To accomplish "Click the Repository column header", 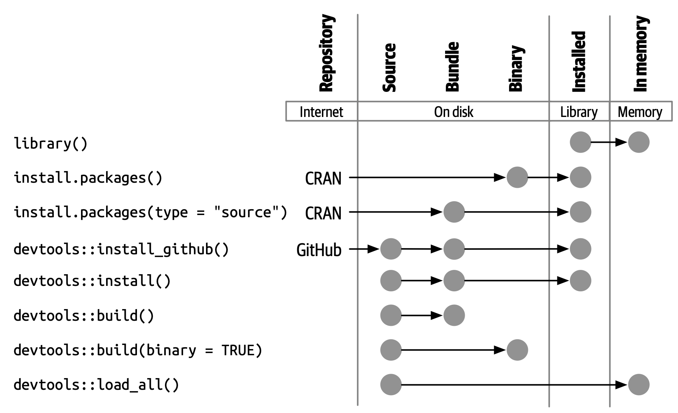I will (326, 53).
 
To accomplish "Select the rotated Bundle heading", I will (453, 67).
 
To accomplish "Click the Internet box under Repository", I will (321, 112).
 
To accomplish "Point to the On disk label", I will (453, 112).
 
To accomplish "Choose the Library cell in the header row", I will (579, 112).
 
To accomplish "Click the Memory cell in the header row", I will (640, 112).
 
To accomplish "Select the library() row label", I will (51, 143).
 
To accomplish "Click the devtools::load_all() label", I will (96, 385).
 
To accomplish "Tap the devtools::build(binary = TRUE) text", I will (138, 350).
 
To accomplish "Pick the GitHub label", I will (319, 250).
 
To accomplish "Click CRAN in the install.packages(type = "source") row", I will (323, 213).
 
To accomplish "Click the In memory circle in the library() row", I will (638, 142).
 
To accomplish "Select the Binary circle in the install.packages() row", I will (517, 177).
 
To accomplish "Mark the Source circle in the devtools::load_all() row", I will (391, 384).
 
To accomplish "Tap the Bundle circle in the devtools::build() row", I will (454, 315).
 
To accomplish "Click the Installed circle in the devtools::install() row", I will (580, 280).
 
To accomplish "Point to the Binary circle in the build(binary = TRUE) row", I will (517, 350).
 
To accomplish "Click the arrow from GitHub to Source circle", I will (364, 249).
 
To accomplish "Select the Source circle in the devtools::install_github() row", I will (391, 249).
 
